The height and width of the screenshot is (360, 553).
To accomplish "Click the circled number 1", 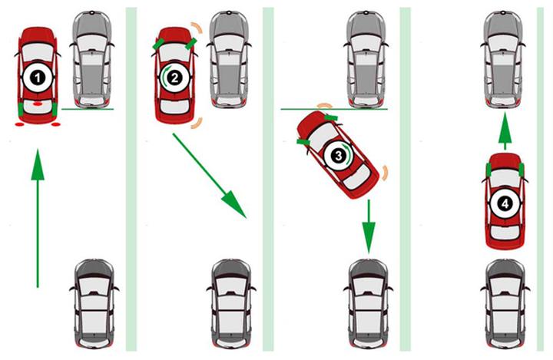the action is [x=38, y=78].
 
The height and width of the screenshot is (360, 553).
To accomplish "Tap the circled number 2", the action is [x=174, y=78].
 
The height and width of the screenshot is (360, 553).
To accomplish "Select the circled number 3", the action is [x=339, y=156].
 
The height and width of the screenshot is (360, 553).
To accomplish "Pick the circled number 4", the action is [x=505, y=203].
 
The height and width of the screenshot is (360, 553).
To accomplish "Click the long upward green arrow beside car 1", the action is [x=38, y=218].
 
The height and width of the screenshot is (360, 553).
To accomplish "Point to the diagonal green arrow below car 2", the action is [x=209, y=176].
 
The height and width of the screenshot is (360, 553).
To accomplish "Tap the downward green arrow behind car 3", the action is [x=369, y=226].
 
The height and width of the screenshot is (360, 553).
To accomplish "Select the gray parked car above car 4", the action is [x=503, y=59].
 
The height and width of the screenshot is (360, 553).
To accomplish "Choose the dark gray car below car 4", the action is [x=505, y=304].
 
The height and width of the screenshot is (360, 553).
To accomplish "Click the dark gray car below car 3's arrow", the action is [x=368, y=304].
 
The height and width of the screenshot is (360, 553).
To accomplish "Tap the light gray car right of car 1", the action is [x=91, y=59].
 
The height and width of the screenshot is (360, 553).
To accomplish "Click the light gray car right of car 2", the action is [x=229, y=59].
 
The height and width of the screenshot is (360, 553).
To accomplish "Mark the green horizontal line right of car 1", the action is [x=88, y=109].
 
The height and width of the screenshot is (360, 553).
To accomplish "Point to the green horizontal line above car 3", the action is [x=334, y=109].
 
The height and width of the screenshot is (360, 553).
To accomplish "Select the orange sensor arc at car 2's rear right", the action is [x=198, y=123].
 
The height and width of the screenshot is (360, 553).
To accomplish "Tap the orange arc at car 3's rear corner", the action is [x=385, y=173].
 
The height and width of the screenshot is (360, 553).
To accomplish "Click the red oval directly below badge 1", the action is [x=38, y=104].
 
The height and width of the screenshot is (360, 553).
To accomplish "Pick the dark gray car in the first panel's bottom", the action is [x=94, y=304].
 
